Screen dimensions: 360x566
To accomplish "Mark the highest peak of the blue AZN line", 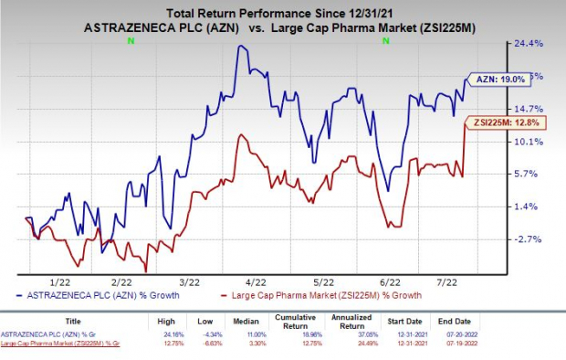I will tap(239, 46).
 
